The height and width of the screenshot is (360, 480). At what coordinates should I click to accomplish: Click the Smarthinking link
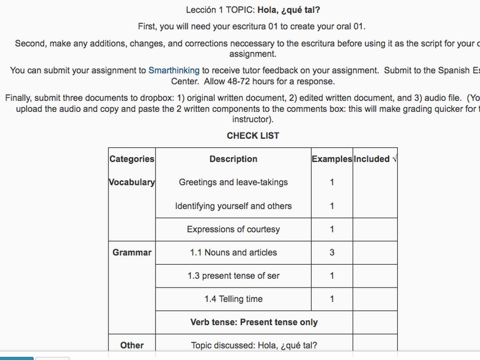173,70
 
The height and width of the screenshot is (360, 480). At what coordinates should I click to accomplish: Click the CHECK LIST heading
253,135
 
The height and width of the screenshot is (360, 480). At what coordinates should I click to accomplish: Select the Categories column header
132,159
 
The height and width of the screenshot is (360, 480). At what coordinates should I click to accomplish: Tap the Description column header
233,159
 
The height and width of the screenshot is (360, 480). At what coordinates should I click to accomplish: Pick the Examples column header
331,159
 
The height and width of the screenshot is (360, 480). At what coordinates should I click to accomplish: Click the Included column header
375,159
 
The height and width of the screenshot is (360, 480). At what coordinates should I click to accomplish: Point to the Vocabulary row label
132,182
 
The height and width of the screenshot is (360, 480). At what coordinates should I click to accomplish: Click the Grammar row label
132,252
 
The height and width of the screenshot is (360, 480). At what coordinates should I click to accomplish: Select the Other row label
132,345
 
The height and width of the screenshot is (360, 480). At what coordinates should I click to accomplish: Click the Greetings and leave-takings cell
233,182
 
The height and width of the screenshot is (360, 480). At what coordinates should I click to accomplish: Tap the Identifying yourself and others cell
233,206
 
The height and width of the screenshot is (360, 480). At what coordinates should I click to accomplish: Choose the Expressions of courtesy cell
233,229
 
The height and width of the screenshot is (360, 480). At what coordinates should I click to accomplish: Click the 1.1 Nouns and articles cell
233,252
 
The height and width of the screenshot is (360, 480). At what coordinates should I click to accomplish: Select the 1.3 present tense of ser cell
233,276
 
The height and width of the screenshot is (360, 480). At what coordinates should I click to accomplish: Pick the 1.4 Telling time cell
233,299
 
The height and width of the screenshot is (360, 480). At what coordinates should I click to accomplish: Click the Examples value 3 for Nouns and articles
332,252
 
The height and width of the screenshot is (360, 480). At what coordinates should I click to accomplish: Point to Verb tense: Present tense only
254,322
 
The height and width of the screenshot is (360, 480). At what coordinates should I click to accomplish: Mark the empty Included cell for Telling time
375,299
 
